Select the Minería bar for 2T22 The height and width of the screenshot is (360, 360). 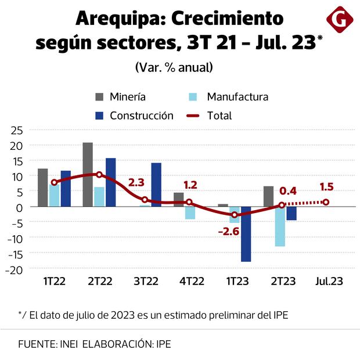88,174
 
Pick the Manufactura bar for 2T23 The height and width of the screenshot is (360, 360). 280,226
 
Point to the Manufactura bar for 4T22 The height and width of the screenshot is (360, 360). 190,213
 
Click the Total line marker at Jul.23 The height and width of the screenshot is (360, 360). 326,202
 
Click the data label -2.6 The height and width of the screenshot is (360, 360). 229,231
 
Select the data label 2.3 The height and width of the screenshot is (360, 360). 136,182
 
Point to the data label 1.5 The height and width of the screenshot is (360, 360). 326,187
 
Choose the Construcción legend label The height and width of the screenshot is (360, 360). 142,116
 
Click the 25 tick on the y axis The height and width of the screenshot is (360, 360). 17,129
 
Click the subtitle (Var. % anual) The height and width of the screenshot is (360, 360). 174,67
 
